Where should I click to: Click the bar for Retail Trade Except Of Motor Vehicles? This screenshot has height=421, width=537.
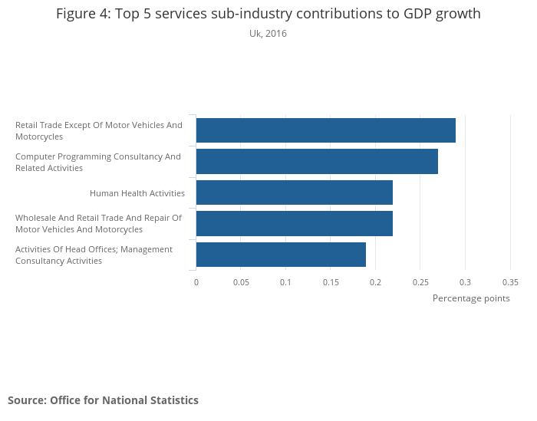tap(326, 130)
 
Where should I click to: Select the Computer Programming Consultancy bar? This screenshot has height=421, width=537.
tap(317, 162)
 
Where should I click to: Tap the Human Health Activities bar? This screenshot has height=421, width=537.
tap(295, 192)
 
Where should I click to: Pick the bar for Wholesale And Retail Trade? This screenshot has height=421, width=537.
tap(295, 223)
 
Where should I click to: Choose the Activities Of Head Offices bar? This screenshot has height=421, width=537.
tap(281, 255)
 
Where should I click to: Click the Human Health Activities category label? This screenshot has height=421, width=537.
tap(137, 193)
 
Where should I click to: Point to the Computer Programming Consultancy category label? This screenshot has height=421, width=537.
tap(98, 162)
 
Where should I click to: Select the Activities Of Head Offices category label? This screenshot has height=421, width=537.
tap(94, 255)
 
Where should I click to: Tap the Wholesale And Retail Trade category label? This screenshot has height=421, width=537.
tap(98, 223)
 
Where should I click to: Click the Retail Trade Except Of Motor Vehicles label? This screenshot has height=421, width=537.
tap(99, 130)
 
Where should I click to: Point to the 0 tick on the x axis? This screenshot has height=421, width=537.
tap(196, 282)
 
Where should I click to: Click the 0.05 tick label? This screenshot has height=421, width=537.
tap(241, 282)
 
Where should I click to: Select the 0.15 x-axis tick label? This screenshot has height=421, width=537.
tap(331, 282)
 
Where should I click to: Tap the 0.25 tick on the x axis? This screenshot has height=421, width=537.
tap(420, 282)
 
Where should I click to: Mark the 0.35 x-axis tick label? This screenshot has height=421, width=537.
tap(510, 282)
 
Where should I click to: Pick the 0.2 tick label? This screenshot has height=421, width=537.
tap(376, 282)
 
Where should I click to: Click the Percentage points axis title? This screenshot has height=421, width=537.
tap(471, 298)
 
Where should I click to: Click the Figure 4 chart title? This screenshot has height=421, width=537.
tap(268, 14)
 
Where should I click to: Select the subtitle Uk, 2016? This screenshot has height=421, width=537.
tap(268, 34)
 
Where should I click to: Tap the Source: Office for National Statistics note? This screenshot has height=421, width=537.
tap(103, 400)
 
